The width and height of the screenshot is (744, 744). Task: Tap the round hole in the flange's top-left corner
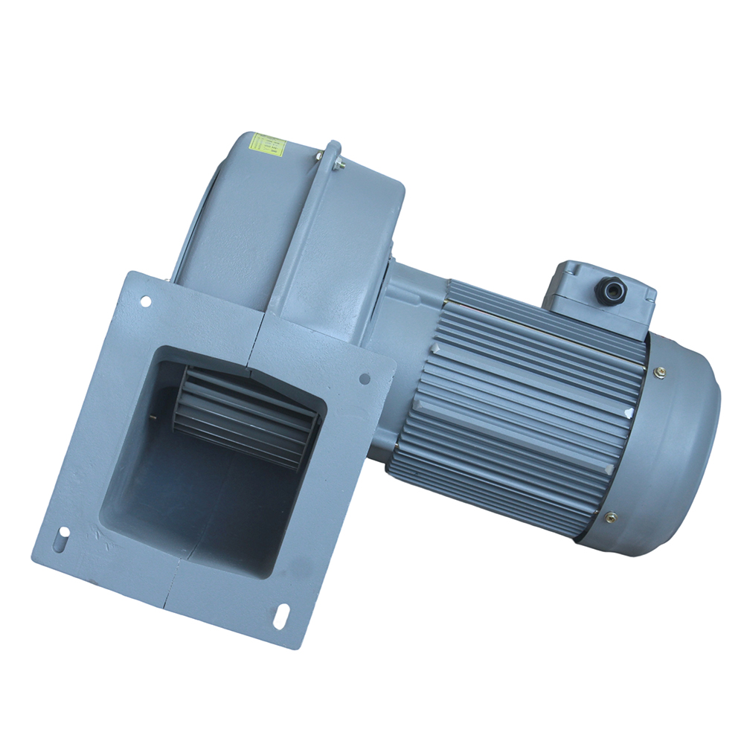point(146,301)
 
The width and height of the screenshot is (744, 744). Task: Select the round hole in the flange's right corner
point(365,379)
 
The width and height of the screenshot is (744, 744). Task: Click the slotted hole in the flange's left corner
point(64,533)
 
